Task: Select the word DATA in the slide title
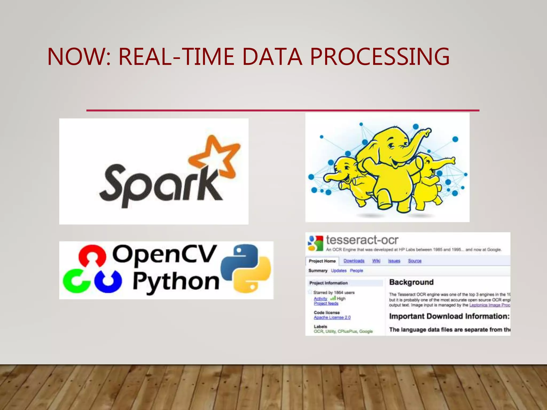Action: (x=272, y=57)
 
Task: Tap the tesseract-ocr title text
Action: (x=362, y=240)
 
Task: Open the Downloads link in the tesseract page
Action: (x=354, y=261)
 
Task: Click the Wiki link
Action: (x=376, y=261)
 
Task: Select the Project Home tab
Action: (x=322, y=261)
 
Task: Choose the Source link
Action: (x=415, y=261)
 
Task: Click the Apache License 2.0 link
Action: (x=332, y=317)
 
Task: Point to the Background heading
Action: (x=411, y=282)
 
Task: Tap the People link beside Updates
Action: (x=356, y=271)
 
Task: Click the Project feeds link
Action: (x=326, y=303)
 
